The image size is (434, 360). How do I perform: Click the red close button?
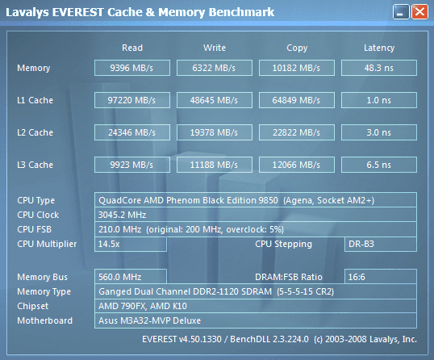tap(419, 12)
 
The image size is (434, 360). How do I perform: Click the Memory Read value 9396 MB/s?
tap(131, 68)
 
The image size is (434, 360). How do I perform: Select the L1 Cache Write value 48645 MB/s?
tap(214, 100)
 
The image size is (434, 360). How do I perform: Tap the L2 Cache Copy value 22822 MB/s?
tap(296, 132)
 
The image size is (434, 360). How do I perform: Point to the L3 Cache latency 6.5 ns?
tap(378, 165)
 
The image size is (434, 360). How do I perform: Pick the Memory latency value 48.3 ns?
tap(378, 68)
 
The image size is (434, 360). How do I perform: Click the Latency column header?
tap(379, 48)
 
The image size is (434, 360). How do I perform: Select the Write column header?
tap(215, 48)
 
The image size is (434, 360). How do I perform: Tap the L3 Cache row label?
tap(35, 165)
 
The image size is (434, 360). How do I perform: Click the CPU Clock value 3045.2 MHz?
tap(122, 215)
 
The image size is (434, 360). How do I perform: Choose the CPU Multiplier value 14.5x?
tap(109, 244)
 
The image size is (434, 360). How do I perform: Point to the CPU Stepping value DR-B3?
tap(361, 244)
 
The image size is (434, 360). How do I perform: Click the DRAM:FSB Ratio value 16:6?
tap(357, 277)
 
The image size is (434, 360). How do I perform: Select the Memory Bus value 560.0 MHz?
tap(120, 277)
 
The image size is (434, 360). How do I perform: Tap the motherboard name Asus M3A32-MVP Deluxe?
tap(149, 320)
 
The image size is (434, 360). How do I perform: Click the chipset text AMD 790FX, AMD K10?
tap(143, 306)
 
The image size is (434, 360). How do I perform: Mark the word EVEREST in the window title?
tap(77, 12)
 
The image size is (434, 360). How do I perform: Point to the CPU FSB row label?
tap(35, 229)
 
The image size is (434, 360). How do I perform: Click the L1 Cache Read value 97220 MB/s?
tap(131, 100)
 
